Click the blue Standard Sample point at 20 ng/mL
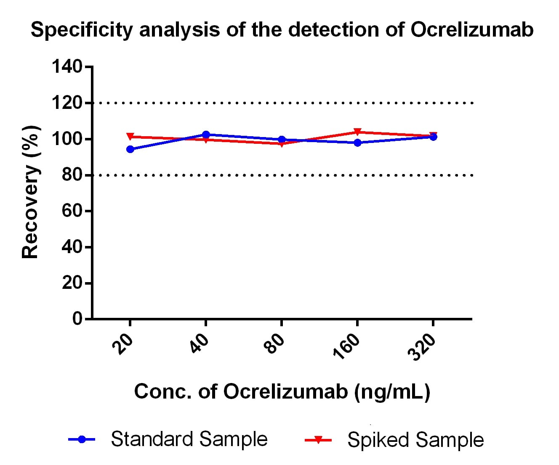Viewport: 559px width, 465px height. tap(130, 149)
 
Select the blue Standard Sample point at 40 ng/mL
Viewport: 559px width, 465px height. tap(206, 135)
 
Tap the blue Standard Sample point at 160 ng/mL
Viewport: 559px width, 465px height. tap(357, 143)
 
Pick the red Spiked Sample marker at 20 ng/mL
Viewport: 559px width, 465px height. tap(130, 137)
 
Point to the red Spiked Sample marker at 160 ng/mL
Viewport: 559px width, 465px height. tap(357, 132)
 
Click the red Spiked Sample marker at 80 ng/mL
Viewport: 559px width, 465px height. tap(282, 143)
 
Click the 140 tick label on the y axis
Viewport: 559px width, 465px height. tap(67, 66)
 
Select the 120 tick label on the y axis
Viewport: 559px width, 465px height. tap(67, 103)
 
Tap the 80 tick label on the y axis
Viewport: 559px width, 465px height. tap(72, 175)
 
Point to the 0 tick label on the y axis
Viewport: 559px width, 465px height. tap(77, 319)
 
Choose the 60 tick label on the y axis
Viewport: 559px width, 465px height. tap(72, 211)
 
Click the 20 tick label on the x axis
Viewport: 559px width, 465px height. tap(125, 345)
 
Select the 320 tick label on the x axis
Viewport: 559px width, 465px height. tap(422, 347)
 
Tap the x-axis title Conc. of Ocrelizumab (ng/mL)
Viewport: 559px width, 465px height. tap(282, 392)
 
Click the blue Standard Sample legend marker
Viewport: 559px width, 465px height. tap(82, 439)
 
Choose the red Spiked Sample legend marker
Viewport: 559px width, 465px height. tap(318, 440)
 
